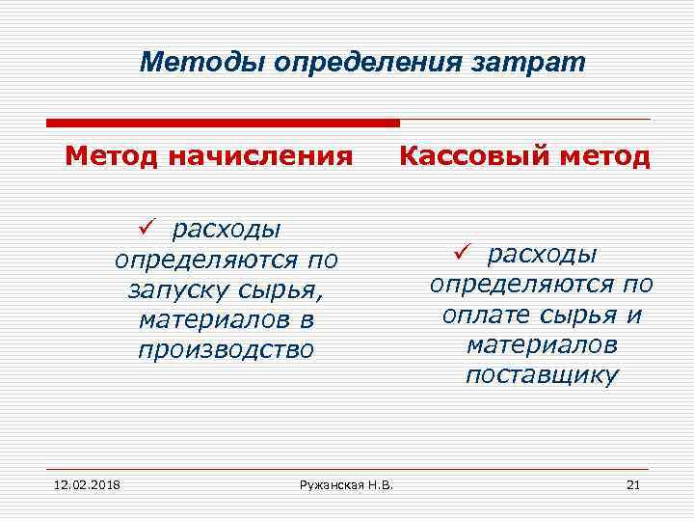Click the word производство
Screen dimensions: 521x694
coord(226,349)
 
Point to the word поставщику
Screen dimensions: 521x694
coord(541,375)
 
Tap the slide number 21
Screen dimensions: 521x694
coord(633,483)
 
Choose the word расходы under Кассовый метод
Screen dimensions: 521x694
coord(542,255)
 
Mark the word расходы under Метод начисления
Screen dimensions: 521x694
coord(227,230)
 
